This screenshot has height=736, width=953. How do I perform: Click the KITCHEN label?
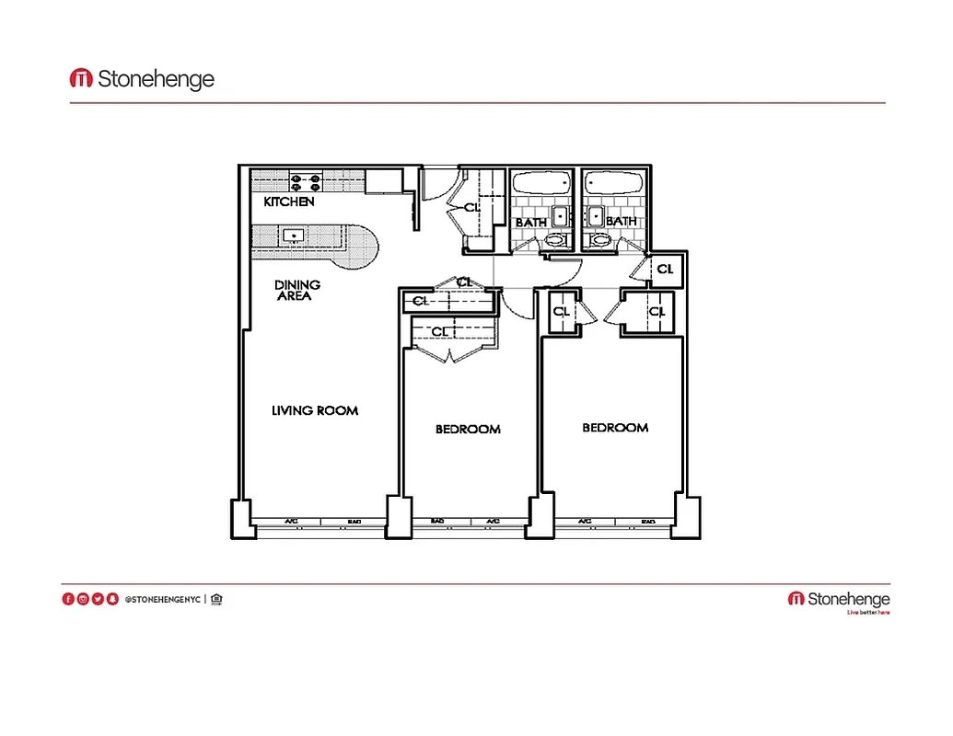289,201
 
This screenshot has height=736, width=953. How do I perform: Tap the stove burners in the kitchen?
306,181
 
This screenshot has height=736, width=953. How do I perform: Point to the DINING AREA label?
296,290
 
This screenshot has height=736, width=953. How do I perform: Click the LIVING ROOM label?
314,410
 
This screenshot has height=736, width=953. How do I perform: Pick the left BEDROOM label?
468,429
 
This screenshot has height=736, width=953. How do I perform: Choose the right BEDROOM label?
615,427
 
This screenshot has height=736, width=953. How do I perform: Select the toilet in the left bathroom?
554,241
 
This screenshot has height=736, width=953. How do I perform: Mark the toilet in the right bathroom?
601,241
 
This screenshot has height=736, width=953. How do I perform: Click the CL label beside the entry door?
472,208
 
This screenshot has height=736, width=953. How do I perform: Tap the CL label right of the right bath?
665,270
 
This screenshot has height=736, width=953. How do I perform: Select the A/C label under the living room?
291,522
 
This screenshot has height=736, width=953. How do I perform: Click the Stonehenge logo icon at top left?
81,79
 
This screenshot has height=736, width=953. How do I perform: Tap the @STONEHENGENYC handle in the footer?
162,600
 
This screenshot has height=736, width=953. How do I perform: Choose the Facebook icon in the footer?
68,600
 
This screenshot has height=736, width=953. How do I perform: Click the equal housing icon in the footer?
216,600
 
